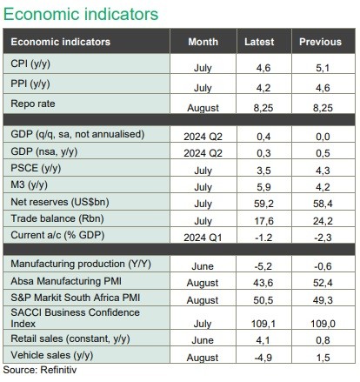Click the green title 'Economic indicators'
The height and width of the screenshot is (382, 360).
click(81, 15)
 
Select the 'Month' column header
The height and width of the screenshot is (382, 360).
click(203, 42)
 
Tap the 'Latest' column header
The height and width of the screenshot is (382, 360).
click(259, 42)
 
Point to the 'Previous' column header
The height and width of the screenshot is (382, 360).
click(320, 42)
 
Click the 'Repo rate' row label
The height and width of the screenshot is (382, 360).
click(33, 104)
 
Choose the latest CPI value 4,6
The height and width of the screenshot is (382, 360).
click(263, 68)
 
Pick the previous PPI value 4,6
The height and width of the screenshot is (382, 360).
click(323, 88)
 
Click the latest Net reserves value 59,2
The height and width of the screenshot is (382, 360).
click(263, 204)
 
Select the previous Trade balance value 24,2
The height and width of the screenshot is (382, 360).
click(323, 221)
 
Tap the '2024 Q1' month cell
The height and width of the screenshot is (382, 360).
click(203, 238)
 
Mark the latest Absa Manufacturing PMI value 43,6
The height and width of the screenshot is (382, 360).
click(263, 283)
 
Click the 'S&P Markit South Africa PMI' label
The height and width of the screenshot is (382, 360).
click(76, 298)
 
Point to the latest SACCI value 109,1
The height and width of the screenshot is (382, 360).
click(263, 324)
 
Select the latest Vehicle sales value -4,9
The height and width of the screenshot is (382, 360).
click(263, 358)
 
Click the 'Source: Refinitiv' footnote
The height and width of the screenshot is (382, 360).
click(40, 370)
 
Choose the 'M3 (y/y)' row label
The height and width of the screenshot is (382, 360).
click(30, 184)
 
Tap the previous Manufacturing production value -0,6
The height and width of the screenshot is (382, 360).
click(323, 266)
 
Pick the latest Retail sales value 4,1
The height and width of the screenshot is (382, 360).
click(263, 340)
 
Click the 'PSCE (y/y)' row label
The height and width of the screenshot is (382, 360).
click(36, 168)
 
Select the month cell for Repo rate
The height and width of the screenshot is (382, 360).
click(203, 108)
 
